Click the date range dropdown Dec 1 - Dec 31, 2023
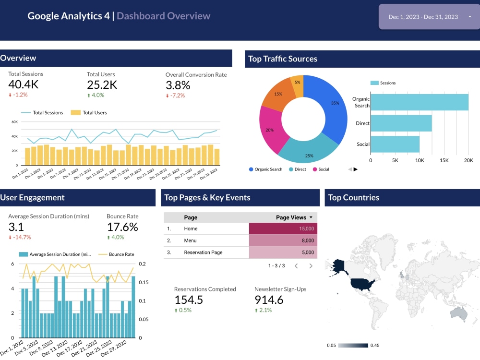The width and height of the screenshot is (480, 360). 429,17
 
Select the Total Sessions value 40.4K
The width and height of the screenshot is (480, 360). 23,85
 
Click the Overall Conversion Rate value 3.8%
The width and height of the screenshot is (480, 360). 178,85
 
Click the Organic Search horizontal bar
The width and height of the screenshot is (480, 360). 420,102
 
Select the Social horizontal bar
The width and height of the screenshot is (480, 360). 395,144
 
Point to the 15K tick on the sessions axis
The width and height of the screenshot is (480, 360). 444,160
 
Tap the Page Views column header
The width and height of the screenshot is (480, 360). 291,217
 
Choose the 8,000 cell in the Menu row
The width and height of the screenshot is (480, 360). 283,240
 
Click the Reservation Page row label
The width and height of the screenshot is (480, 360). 203,252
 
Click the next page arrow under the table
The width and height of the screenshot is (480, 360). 311,265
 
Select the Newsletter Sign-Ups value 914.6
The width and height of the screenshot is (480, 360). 269,300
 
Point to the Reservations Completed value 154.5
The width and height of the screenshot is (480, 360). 188,300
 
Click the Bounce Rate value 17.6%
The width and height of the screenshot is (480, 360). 122,227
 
